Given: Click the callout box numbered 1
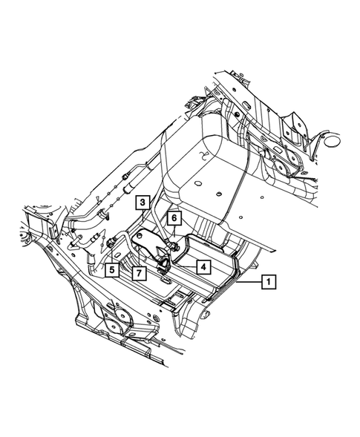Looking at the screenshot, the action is tap(269, 282).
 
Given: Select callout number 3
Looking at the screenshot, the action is tap(143, 203).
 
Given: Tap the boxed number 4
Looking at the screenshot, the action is tap(203, 267).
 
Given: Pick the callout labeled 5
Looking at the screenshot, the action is tap(112, 270).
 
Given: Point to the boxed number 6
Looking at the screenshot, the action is tap(174, 218).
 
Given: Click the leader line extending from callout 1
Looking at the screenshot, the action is tap(249, 282).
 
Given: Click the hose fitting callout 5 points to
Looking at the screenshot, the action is tap(111, 241).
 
